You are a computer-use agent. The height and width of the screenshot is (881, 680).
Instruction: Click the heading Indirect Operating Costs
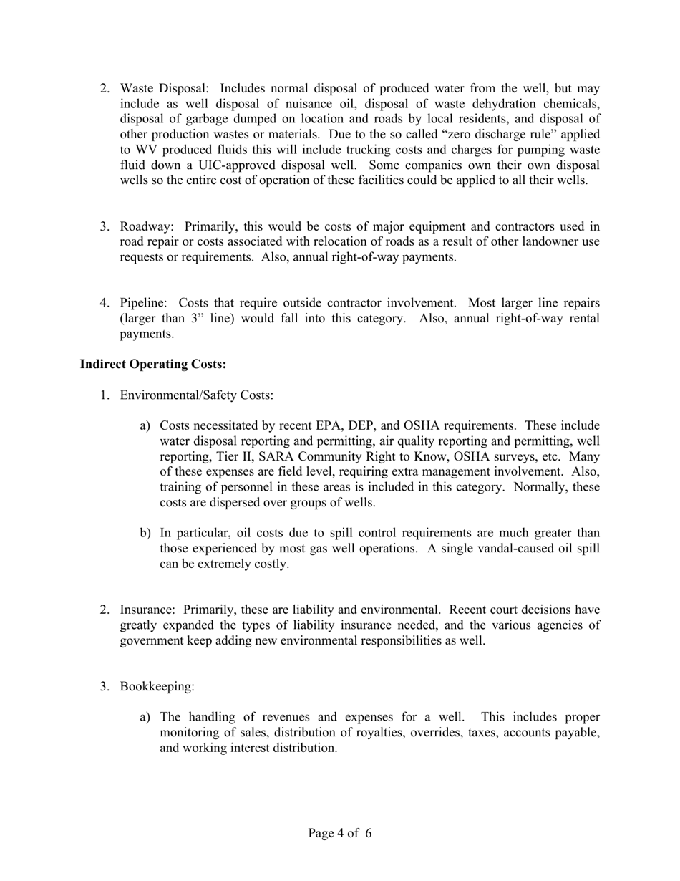(x=153, y=365)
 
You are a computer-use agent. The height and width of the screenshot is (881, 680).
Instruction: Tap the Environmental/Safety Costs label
(x=196, y=395)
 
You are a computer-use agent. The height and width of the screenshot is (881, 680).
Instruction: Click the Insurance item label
(x=147, y=610)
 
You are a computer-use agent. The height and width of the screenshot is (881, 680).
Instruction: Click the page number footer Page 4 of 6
(x=340, y=834)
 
